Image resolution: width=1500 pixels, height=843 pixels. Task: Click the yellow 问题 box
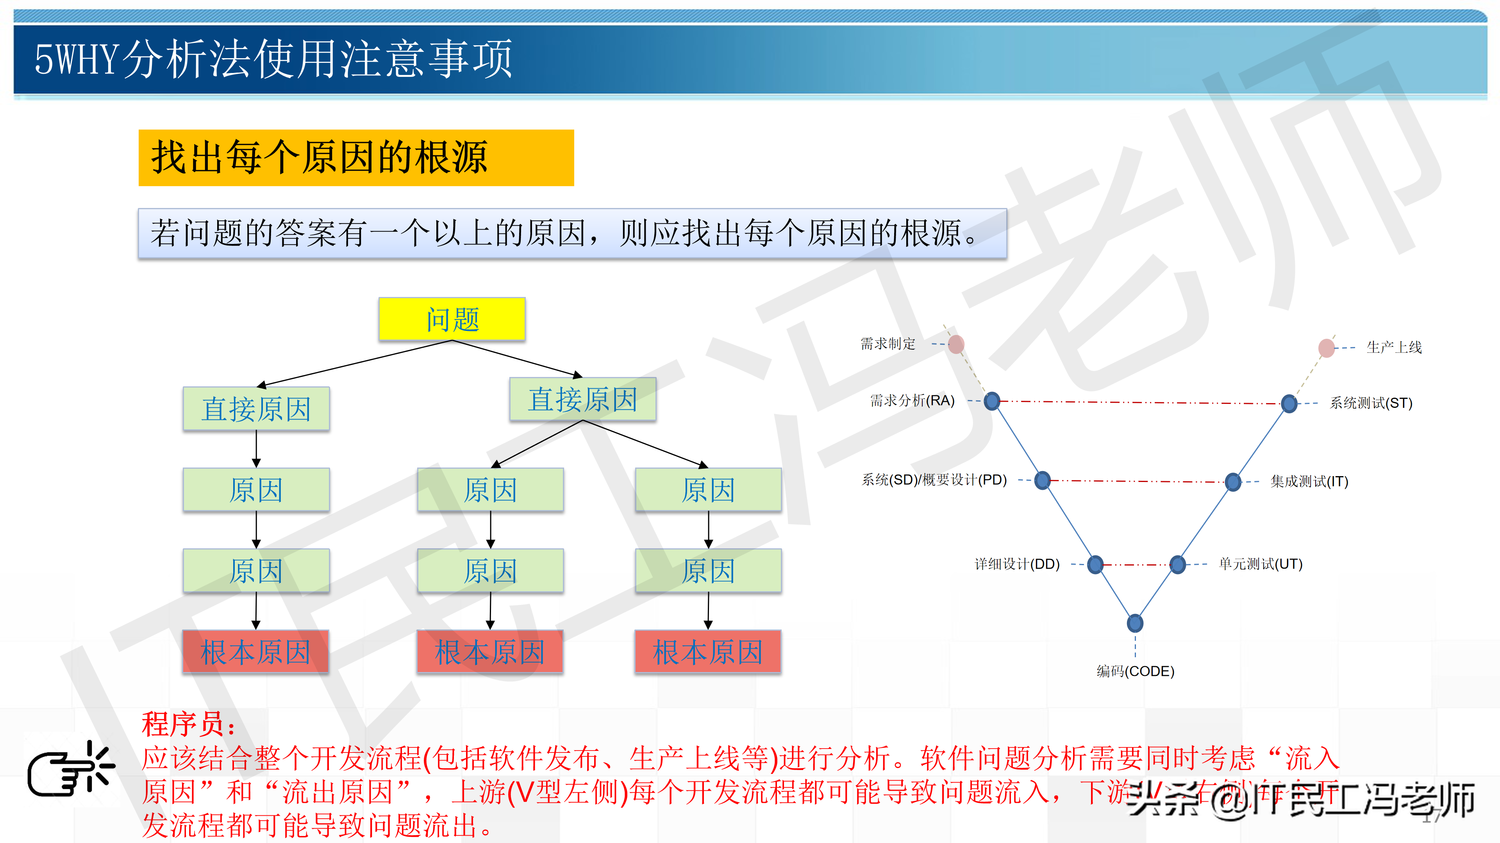pyautogui.click(x=452, y=319)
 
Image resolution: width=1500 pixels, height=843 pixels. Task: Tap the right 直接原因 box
pyautogui.click(x=582, y=399)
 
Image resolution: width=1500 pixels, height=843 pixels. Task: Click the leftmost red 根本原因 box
pyautogui.click(x=255, y=652)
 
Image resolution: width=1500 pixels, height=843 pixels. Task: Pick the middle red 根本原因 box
pyautogui.click(x=490, y=652)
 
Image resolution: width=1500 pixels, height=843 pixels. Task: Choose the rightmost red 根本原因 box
pyautogui.click(x=707, y=652)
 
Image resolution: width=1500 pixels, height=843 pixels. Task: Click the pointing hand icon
pyautogui.click(x=70, y=769)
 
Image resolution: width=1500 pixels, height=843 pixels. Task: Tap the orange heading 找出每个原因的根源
pyautogui.click(x=319, y=158)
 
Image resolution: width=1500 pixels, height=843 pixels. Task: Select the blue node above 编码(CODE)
pyautogui.click(x=1135, y=623)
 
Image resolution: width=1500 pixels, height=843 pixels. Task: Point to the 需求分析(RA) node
pyautogui.click(x=992, y=401)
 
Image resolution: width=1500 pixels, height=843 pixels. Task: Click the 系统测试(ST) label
pyautogui.click(x=1371, y=403)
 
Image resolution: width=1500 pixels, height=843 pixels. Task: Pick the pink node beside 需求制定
pyautogui.click(x=956, y=344)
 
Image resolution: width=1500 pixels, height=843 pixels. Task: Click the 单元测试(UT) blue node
pyautogui.click(x=1177, y=564)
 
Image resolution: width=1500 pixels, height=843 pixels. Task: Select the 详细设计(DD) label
pyautogui.click(x=1017, y=564)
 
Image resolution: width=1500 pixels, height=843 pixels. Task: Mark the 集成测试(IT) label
pyautogui.click(x=1309, y=482)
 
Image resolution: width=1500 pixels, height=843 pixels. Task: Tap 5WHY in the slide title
pyautogui.click(x=76, y=59)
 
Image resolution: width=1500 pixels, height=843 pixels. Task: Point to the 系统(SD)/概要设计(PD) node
pyautogui.click(x=1042, y=480)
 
